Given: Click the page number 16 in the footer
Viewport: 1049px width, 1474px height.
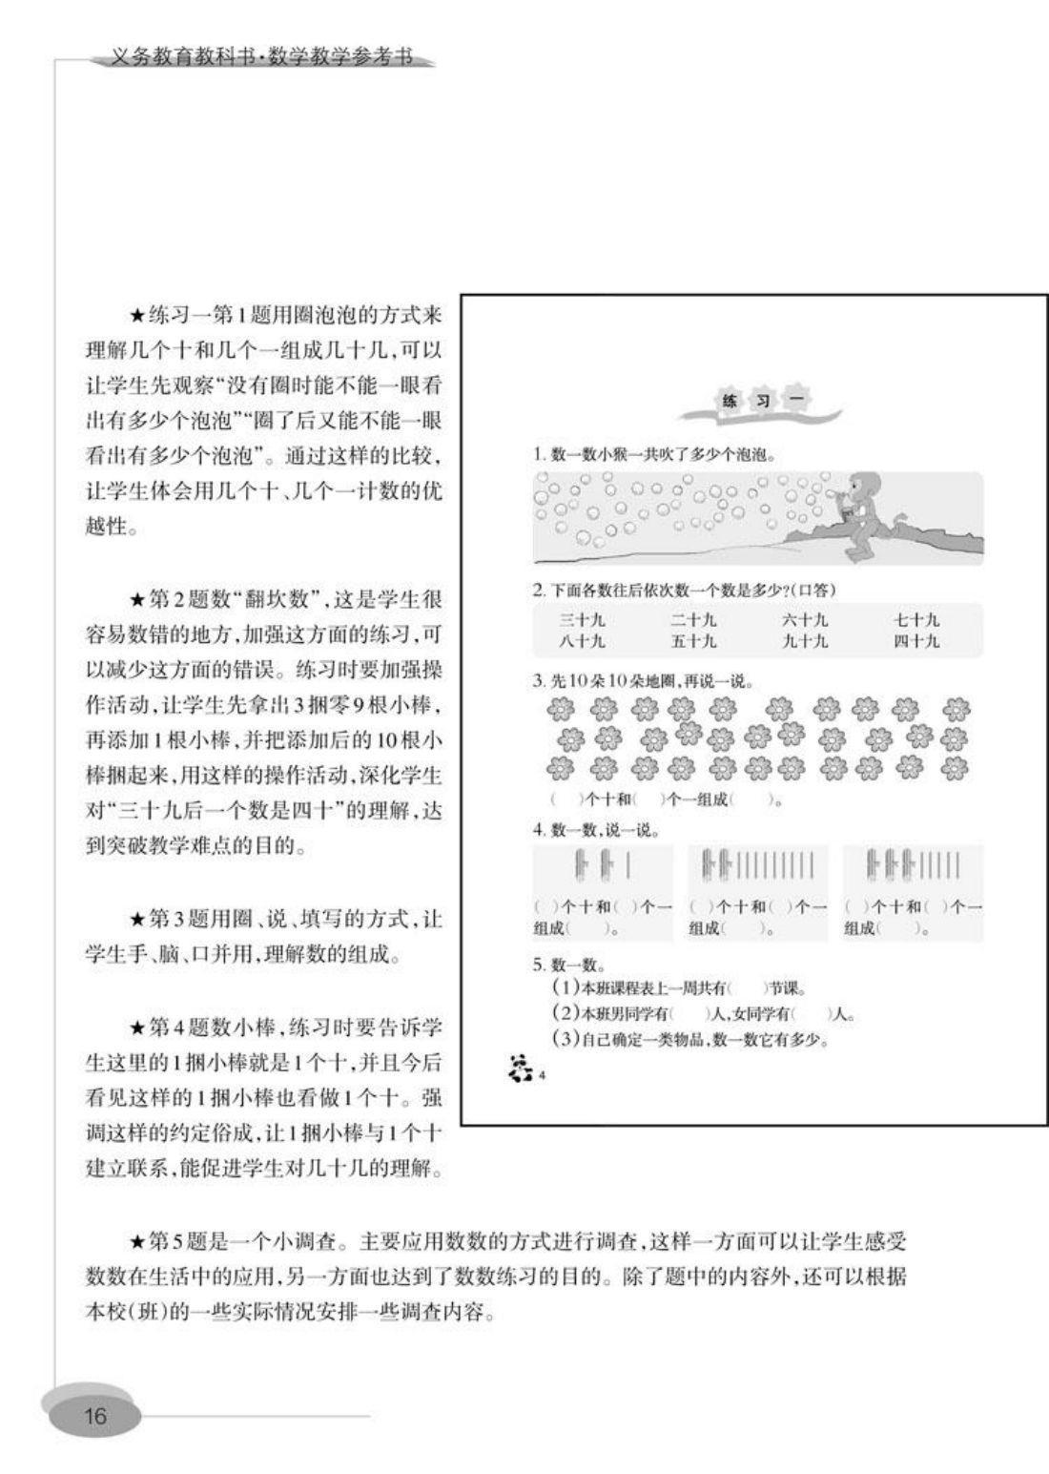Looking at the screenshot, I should point(95,1415).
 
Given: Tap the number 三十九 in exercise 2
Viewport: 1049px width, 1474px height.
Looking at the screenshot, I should point(582,620).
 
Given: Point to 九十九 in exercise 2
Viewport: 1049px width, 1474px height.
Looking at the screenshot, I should point(805,641).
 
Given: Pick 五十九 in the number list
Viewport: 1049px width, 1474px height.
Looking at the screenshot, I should point(693,641).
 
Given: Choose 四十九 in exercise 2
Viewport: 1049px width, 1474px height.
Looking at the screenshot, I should point(916,641).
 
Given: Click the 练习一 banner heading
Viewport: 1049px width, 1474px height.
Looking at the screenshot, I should point(759,401).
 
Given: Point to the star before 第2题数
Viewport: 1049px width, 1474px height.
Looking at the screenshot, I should point(137,601).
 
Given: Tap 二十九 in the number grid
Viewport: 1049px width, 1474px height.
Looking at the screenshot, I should point(693,620).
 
